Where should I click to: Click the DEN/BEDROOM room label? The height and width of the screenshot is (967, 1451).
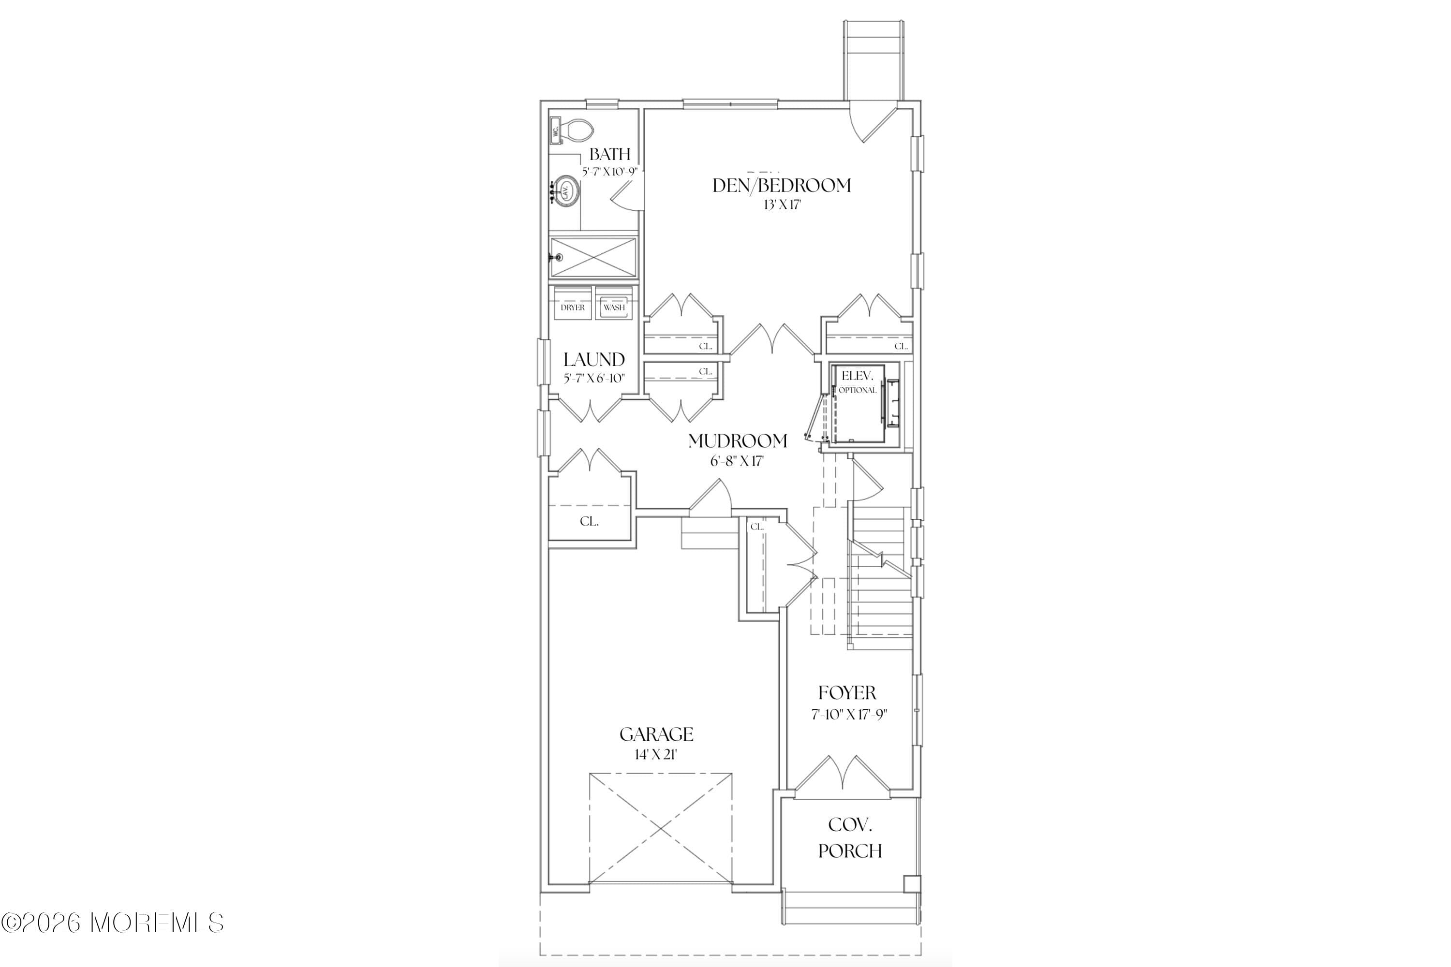click(781, 186)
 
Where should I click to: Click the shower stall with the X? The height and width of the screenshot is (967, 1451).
click(593, 257)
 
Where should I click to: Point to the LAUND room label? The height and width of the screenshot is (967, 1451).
click(593, 360)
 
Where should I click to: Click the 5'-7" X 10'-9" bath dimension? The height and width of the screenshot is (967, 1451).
click(609, 172)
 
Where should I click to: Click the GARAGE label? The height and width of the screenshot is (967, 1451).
click(656, 734)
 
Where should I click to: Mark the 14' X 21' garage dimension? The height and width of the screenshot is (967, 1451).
click(656, 754)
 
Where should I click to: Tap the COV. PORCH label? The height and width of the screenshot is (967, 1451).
click(849, 838)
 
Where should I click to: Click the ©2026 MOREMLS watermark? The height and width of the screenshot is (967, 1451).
click(112, 923)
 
